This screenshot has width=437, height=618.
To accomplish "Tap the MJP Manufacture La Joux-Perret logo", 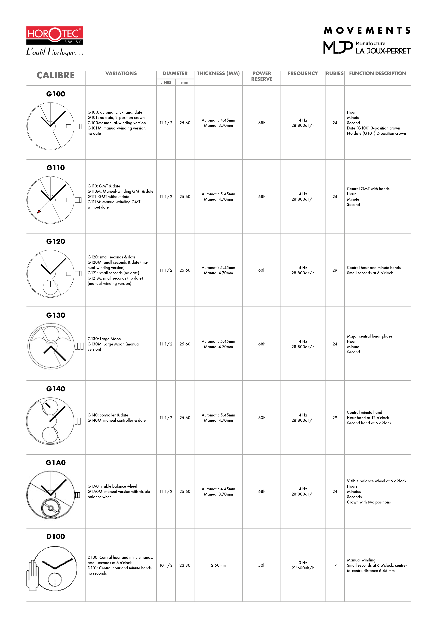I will point(367,48).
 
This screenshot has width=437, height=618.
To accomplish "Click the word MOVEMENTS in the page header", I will point(367,31).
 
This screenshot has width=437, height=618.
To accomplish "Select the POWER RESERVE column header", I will point(261,76).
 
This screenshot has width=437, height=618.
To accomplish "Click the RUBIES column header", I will point(334,73).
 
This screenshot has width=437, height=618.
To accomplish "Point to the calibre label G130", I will point(56,315).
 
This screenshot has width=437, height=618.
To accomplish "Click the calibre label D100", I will point(56,536).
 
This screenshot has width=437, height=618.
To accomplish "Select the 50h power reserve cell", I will point(261,565).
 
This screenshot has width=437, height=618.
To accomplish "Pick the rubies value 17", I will point(335,565).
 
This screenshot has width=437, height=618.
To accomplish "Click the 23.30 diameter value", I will point(185,565).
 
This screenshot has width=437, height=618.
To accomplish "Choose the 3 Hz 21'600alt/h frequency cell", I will point(303,565).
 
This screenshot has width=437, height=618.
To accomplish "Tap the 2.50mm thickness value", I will point(218,565).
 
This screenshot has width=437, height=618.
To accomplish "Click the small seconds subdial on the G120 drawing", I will point(50,287).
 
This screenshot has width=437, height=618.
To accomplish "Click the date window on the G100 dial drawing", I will point(69,126).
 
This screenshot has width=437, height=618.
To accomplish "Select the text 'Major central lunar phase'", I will point(369,336).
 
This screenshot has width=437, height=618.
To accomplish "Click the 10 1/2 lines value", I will point(166,565).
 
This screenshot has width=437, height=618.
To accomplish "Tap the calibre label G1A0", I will point(56,463).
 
